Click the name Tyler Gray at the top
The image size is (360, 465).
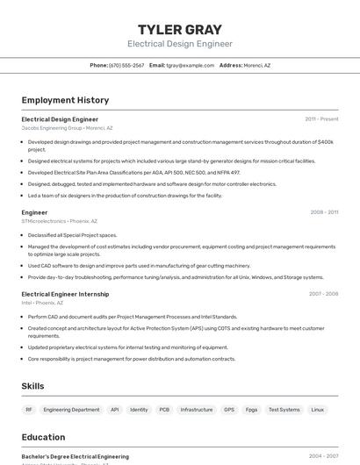click(x=180, y=29)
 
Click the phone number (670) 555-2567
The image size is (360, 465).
click(x=126, y=65)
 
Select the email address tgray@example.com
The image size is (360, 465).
click(x=191, y=65)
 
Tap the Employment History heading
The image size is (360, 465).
click(x=65, y=100)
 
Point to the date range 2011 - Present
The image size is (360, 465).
click(x=321, y=119)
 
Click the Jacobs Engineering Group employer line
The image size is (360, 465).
click(x=67, y=128)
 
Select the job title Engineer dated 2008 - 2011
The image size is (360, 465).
click(x=34, y=212)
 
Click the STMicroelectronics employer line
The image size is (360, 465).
click(x=59, y=221)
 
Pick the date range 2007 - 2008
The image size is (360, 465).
click(x=323, y=294)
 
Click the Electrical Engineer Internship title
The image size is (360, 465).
click(x=65, y=294)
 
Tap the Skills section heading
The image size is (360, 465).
click(x=33, y=386)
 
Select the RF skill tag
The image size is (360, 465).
click(x=29, y=410)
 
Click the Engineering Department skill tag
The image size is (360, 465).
click(x=71, y=410)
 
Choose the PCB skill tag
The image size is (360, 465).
click(x=164, y=410)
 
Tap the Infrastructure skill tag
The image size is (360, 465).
click(x=197, y=410)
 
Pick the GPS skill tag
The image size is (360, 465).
click(x=229, y=410)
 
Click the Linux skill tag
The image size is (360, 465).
click(x=317, y=410)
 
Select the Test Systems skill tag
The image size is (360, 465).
click(x=284, y=410)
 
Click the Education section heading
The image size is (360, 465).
click(x=43, y=437)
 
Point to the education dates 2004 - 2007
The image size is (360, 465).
click(x=323, y=456)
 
